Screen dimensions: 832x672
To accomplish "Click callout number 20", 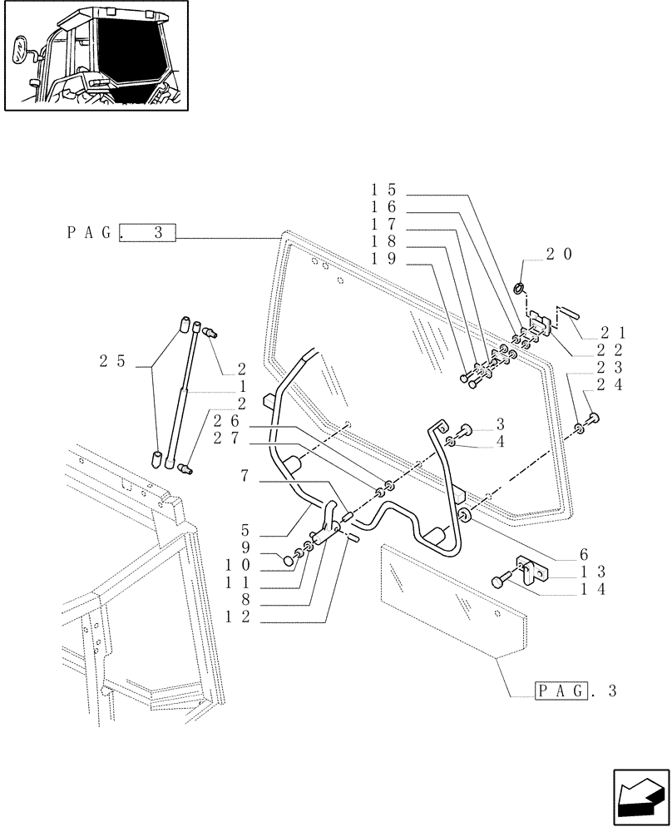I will click(x=558, y=255).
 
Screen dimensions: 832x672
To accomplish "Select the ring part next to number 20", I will click(x=521, y=289).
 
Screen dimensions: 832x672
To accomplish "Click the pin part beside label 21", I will click(x=568, y=313).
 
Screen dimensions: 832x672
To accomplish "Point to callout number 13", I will click(x=589, y=572).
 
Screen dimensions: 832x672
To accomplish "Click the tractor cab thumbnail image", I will click(x=96, y=56).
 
